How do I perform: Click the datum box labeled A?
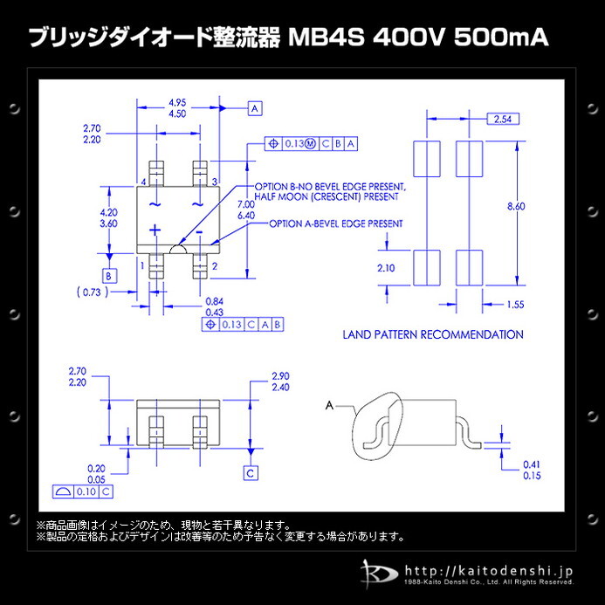[x=255, y=109]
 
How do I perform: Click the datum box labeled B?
[x=109, y=276]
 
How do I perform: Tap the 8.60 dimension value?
[x=516, y=206]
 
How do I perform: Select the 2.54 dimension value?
[x=501, y=119]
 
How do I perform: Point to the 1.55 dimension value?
[x=516, y=304]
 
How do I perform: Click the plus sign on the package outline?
[x=155, y=230]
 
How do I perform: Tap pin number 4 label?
[x=142, y=182]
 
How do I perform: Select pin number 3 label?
[x=215, y=182]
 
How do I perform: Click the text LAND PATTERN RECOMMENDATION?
[x=433, y=334]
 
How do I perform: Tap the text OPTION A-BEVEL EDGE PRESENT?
[x=336, y=223]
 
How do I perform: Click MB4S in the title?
[x=324, y=39]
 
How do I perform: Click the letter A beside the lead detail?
[x=329, y=405]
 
